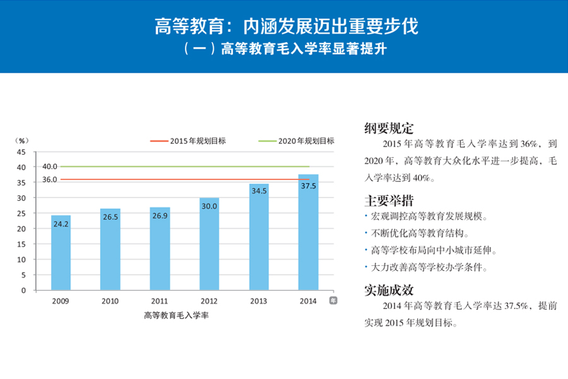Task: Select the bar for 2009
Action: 61,253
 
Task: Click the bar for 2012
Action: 209,246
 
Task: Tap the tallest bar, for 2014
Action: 308,234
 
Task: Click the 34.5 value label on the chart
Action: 259,190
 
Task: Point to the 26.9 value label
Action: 160,216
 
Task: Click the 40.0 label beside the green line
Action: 50,167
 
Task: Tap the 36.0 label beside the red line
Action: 50,179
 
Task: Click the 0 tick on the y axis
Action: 23,291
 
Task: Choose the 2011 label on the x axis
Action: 160,301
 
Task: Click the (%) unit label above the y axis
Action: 22,141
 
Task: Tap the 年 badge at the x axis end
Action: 333,301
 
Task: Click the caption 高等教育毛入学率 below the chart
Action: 176,315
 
